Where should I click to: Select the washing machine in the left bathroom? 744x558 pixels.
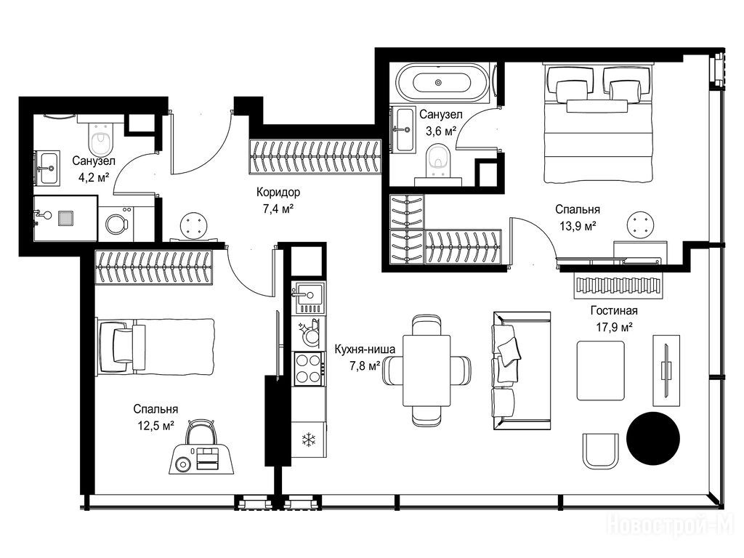[x=116, y=224]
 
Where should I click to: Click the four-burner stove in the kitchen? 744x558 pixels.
[x=308, y=368]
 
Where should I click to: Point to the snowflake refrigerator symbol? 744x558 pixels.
[x=308, y=440]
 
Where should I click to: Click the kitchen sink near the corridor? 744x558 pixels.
[x=309, y=297]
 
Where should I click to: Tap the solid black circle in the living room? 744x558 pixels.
[x=653, y=438]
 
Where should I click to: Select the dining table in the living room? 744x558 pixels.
[x=426, y=370]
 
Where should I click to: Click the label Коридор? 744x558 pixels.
[x=278, y=192]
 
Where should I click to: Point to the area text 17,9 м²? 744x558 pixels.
[x=614, y=327]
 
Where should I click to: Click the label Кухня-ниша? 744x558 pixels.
[x=365, y=349]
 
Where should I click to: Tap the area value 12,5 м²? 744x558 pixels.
[x=155, y=425]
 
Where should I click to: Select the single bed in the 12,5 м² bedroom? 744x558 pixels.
[x=156, y=347]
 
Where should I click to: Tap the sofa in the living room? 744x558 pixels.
[x=522, y=371]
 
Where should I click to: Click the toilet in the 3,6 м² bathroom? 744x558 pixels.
[x=437, y=161]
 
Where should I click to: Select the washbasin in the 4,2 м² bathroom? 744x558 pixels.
[x=47, y=168]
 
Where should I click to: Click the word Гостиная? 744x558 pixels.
[x=614, y=311]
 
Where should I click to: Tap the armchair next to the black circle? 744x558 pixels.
[x=601, y=450]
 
